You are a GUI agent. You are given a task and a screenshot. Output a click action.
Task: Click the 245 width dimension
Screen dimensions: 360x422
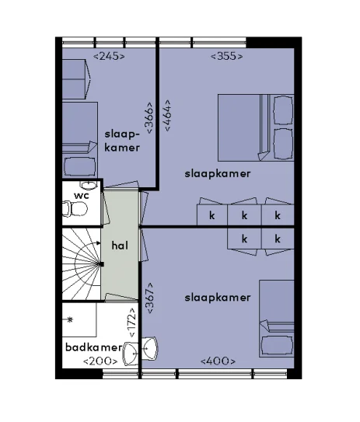[109, 57]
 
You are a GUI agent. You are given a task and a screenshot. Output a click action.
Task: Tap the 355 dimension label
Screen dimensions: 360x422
[227, 57]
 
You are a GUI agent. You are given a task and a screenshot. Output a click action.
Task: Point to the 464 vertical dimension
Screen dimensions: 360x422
[167, 116]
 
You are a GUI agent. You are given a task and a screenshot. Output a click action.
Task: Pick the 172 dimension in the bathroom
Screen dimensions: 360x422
[131, 323]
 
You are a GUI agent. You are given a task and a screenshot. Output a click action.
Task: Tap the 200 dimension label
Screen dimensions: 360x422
[100, 361]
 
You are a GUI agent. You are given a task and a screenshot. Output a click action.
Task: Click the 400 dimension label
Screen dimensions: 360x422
[218, 361]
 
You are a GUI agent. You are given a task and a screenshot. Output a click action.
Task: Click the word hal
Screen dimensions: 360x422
[120, 246]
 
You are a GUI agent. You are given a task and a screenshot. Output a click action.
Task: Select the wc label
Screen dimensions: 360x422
[82, 196]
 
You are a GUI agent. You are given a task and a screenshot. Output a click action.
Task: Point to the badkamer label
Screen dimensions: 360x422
[94, 347]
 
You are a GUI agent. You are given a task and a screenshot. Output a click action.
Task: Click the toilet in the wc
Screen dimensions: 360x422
[75, 209]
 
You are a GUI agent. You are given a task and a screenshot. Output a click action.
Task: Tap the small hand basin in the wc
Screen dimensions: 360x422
[89, 185]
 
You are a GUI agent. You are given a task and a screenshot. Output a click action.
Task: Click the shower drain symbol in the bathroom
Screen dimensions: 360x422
[70, 319]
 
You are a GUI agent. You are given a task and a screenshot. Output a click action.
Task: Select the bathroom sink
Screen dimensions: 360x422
[131, 354]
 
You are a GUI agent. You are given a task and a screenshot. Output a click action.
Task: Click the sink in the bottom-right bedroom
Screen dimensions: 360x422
[150, 348]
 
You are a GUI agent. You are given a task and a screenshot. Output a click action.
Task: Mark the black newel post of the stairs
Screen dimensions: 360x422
[102, 264]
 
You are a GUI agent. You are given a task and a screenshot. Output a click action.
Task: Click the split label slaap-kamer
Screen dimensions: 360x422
[122, 141]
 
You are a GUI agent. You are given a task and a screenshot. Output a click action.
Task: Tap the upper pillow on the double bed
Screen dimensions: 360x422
[283, 110]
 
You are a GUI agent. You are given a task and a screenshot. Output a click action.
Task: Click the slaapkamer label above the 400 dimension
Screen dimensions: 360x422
[218, 298]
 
